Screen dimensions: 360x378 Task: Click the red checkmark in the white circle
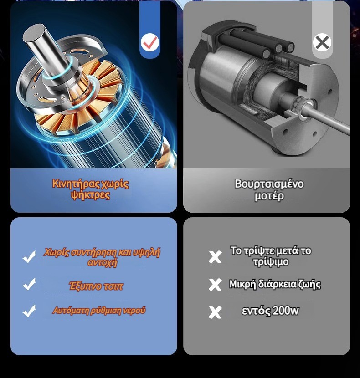tap(150, 42)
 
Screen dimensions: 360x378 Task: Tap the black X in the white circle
tap(322, 42)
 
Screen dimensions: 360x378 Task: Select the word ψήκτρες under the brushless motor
tap(91, 195)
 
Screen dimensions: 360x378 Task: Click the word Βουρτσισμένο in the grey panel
tap(269, 184)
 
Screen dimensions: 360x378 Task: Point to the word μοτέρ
tap(269, 196)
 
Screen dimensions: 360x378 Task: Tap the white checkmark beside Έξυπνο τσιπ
tap(29, 284)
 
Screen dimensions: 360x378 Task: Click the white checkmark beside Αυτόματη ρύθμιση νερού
tap(29, 311)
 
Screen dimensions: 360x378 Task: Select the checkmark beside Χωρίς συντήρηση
tap(29, 257)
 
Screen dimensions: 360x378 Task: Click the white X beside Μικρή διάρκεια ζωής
tap(215, 285)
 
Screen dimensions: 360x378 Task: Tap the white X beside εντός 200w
tap(215, 312)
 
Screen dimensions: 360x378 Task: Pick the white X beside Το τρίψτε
tap(215, 257)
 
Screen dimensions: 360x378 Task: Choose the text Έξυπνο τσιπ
tap(96, 286)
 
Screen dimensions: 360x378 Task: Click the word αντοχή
tap(103, 262)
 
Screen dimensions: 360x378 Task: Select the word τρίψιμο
tap(271, 262)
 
